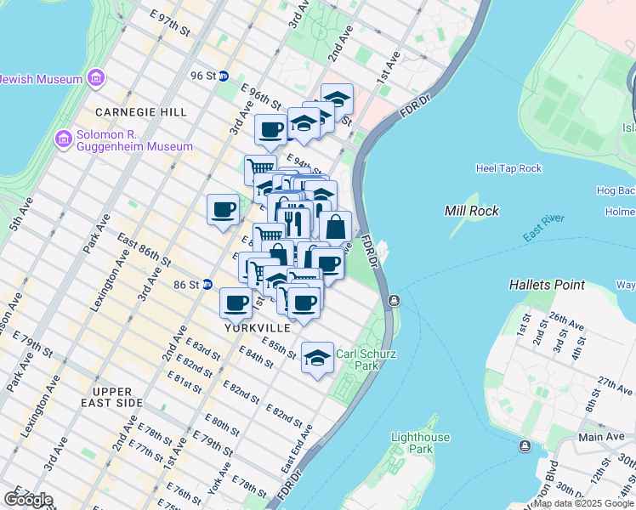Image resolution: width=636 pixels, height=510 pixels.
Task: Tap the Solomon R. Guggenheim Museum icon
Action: pyautogui.click(x=62, y=139)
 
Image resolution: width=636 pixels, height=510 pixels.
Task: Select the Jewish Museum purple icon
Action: pyautogui.click(x=94, y=80)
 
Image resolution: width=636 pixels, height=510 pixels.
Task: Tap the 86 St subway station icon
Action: pyautogui.click(x=207, y=285)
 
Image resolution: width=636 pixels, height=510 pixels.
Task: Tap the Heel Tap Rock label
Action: pyautogui.click(x=508, y=168)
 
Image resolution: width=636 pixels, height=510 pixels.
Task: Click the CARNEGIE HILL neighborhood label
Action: pyautogui.click(x=129, y=112)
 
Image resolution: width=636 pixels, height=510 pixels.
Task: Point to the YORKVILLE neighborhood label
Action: pyautogui.click(x=258, y=327)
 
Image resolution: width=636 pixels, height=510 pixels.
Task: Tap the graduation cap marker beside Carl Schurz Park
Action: pyautogui.click(x=317, y=357)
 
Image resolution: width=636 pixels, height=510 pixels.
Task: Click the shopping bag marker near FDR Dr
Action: pyautogui.click(x=336, y=226)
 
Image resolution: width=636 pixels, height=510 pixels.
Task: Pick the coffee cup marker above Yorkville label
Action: pyautogui.click(x=236, y=302)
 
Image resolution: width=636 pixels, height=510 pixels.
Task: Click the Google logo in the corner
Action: pyautogui.click(x=27, y=500)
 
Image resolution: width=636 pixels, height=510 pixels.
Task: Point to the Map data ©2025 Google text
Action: pyautogui.click(x=583, y=503)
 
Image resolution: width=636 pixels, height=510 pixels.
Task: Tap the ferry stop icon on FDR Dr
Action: pyautogui.click(x=395, y=300)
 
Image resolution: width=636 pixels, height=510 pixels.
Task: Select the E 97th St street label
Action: pyautogui.click(x=169, y=23)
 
